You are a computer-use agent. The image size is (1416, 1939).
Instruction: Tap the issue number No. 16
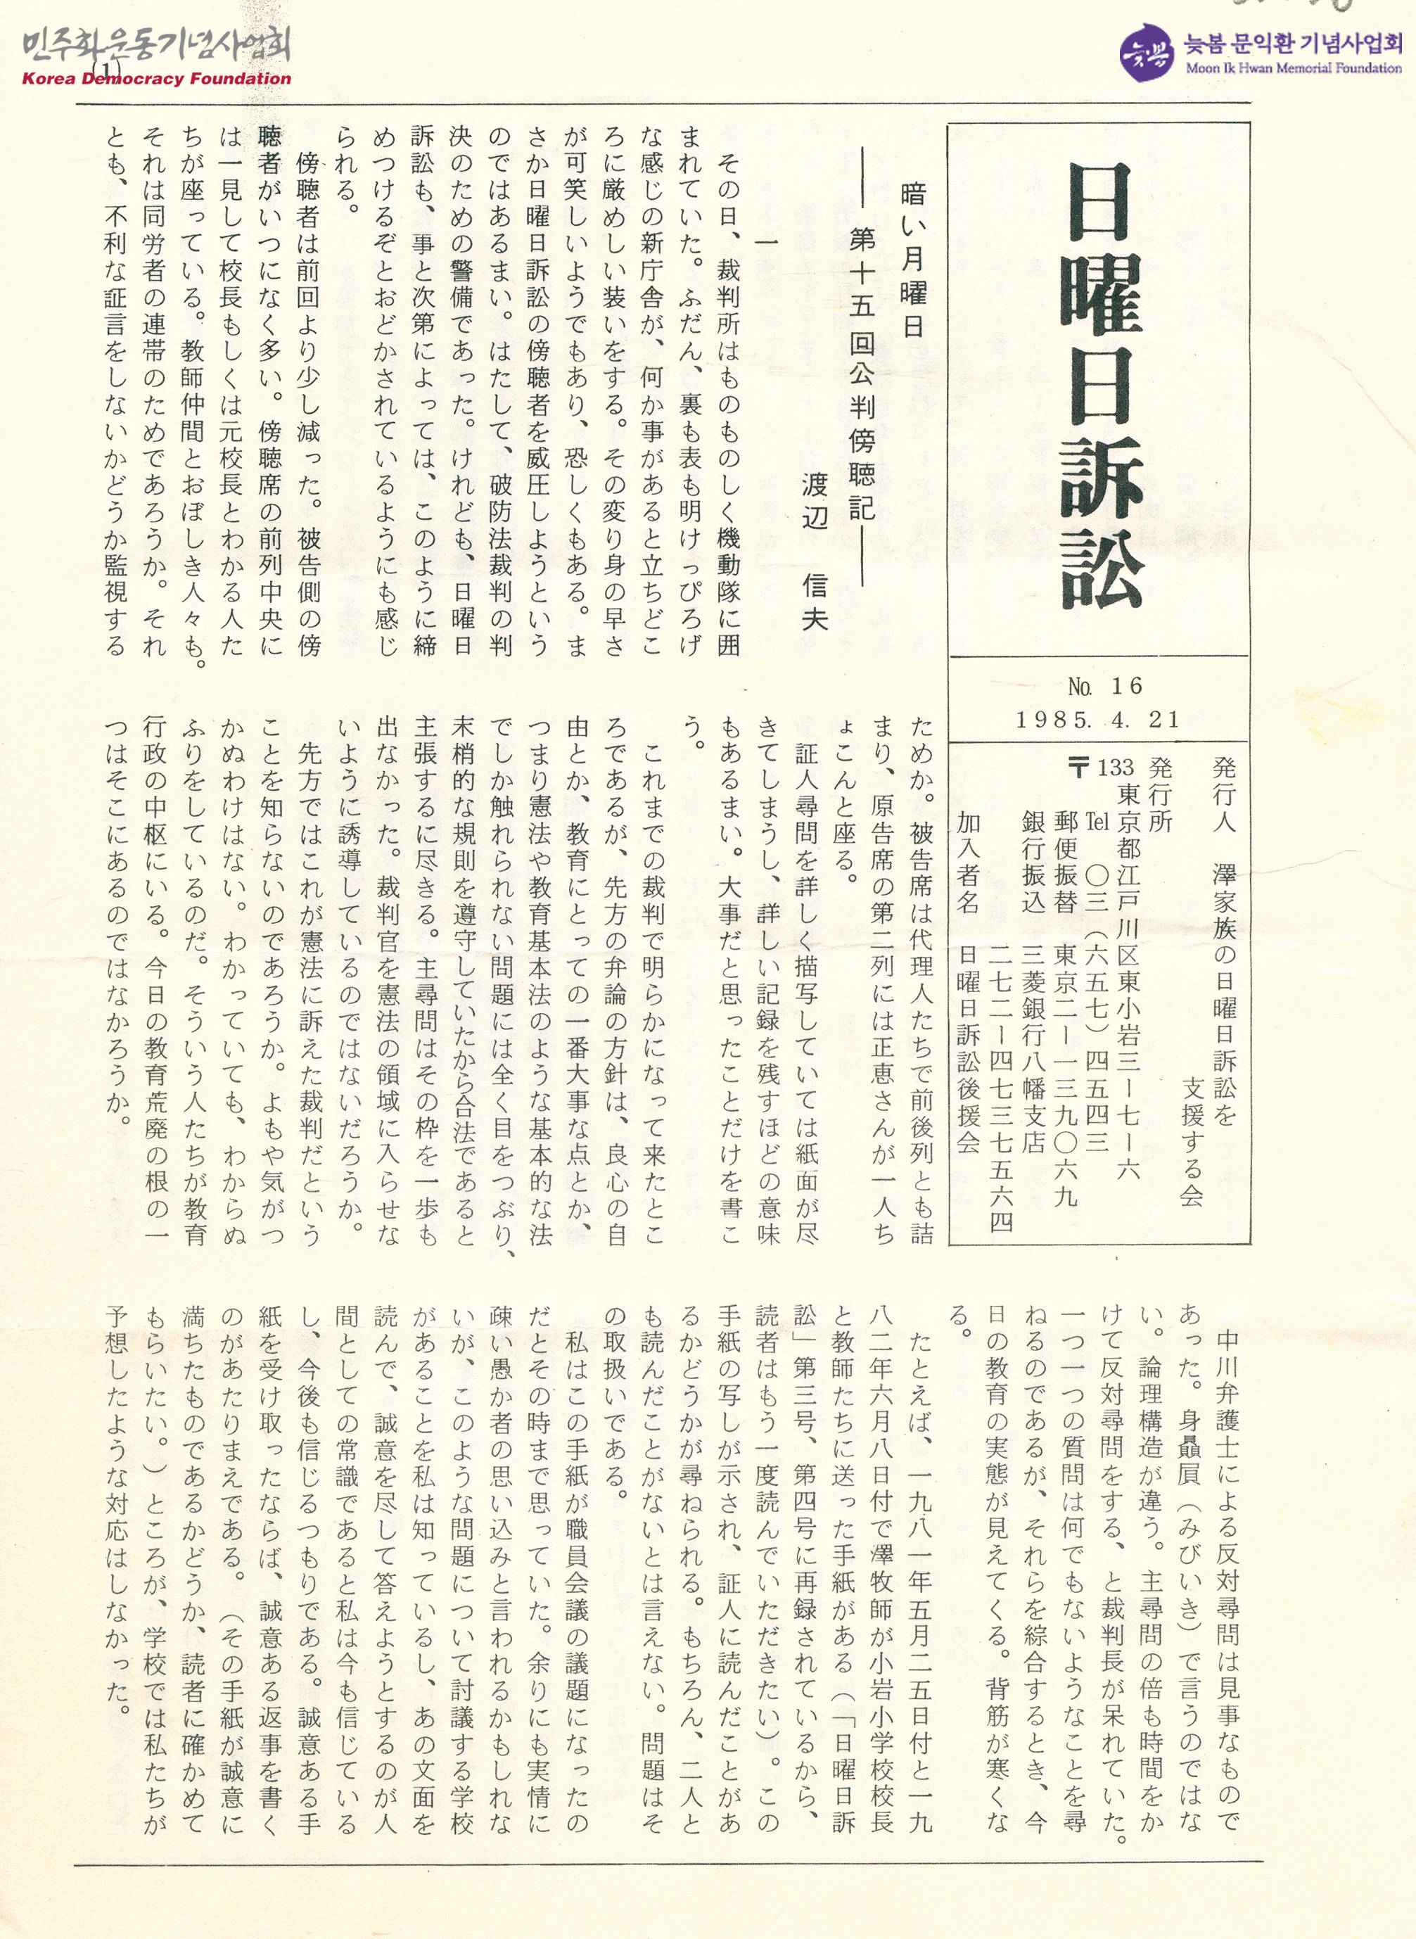[x=1105, y=686]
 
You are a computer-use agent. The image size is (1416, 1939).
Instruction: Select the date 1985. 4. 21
[x=1097, y=719]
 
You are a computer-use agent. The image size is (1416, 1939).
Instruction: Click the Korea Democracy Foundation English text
[x=156, y=79]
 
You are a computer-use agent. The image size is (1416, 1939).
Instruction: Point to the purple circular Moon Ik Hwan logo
[x=1146, y=51]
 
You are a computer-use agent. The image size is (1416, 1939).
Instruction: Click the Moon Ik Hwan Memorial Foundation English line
[x=1294, y=68]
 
